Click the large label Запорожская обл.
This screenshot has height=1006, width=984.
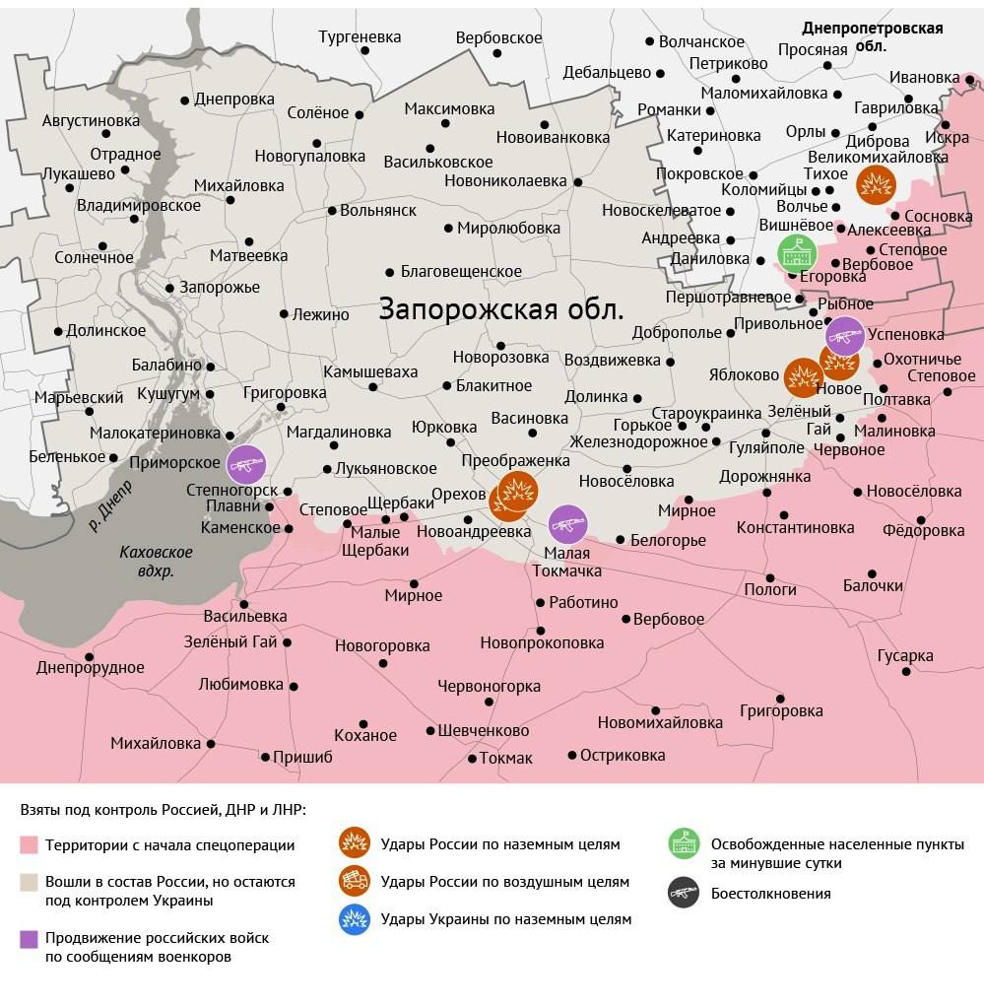[501, 309]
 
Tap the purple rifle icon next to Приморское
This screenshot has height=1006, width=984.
[246, 464]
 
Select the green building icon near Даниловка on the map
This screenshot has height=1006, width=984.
[797, 255]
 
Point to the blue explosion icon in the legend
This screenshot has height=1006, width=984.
[354, 919]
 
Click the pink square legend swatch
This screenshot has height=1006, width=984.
[29, 845]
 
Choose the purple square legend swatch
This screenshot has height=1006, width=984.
[29, 939]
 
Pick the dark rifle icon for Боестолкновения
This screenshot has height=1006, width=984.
[684, 894]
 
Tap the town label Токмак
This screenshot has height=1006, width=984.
[506, 758]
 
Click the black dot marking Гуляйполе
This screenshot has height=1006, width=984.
[766, 433]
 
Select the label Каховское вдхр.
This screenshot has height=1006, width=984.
[156, 562]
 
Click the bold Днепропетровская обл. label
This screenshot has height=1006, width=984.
[872, 36]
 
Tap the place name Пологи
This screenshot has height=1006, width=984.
[769, 589]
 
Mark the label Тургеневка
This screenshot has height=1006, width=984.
[360, 37]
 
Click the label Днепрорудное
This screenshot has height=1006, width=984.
[91, 667]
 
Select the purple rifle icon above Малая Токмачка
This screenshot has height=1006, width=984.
[567, 524]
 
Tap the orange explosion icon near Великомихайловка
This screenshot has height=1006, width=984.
[875, 184]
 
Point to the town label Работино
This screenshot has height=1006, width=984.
[583, 602]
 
